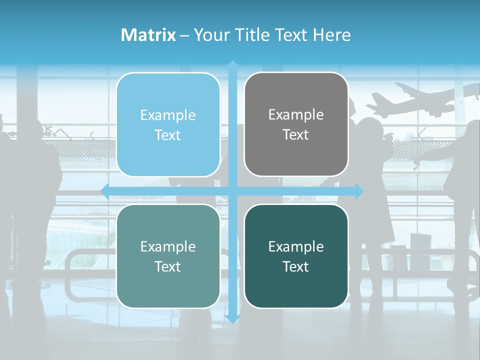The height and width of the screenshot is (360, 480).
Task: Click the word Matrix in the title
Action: coord(148,35)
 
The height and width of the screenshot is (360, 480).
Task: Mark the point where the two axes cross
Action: coord(232,191)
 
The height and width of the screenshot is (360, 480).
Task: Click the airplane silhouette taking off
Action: coord(420,100)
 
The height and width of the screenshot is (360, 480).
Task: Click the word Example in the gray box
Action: coord(296,115)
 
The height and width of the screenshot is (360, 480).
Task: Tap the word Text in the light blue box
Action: coord(168,135)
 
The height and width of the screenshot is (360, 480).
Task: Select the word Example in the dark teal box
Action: coord(296,246)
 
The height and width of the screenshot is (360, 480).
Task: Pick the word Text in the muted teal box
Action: coord(168,266)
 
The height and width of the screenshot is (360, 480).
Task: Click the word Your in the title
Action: coord(209,35)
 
